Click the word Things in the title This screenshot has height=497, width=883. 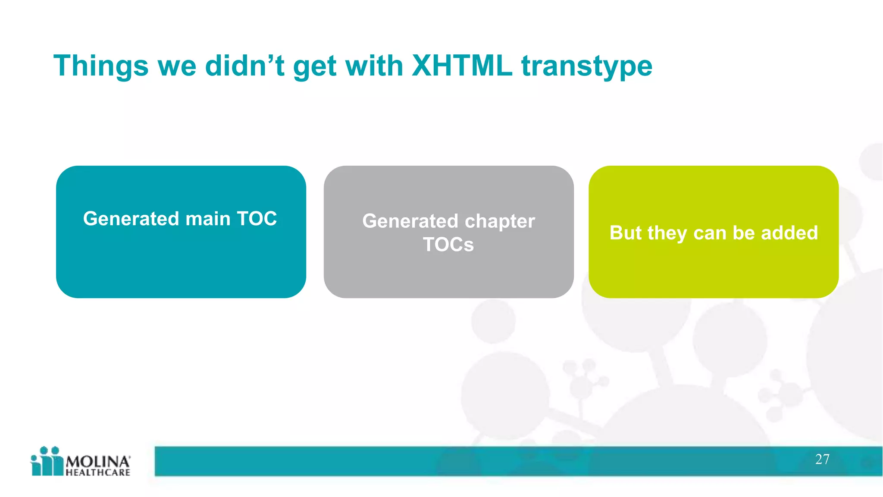pos(100,66)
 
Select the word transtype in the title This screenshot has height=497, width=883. pos(587,66)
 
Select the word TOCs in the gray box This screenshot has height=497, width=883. pos(448,245)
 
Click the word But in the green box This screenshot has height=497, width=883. pos(626,233)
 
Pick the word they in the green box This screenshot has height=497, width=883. pos(667,233)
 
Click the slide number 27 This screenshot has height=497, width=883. pos(822,459)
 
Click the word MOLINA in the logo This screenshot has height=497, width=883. pos(97,462)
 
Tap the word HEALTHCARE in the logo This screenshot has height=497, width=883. pos(98,472)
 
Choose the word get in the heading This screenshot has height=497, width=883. pos(314,67)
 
